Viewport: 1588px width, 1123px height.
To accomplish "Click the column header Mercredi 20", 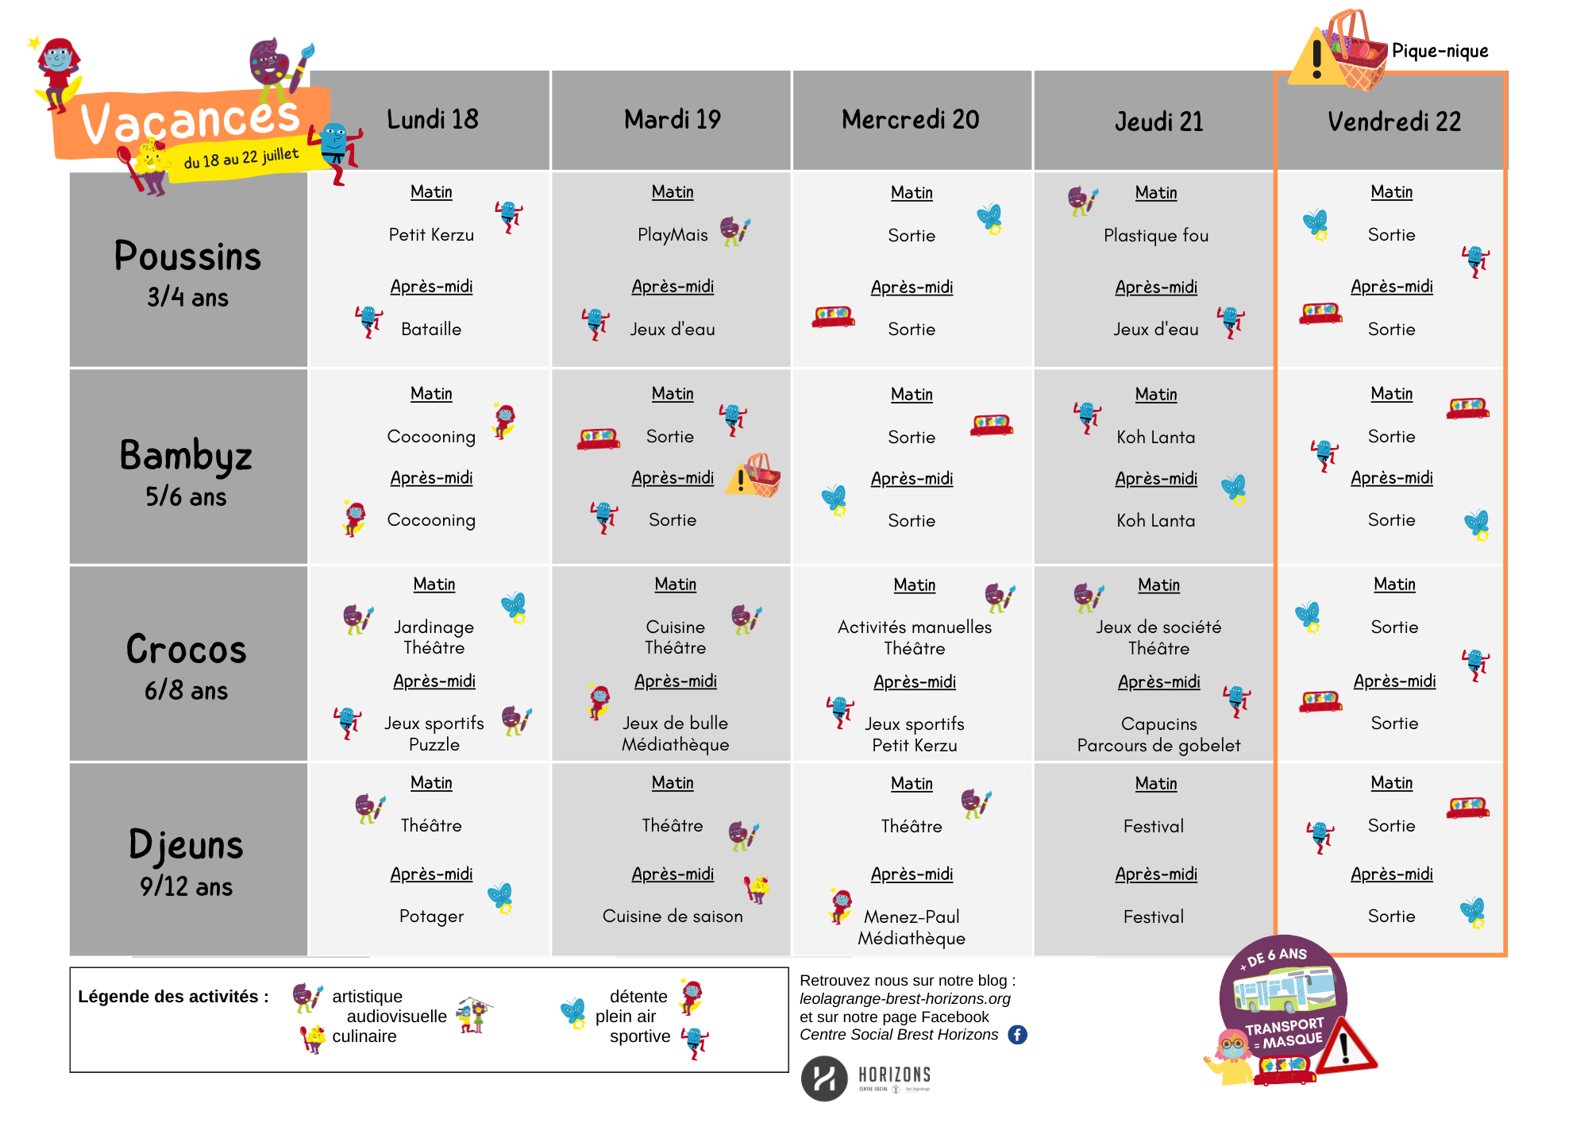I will coord(910,120).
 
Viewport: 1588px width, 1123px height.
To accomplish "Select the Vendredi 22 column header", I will coord(1393,122).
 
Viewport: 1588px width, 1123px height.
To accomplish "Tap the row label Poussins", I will coord(187,257).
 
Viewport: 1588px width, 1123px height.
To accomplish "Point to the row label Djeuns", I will coord(186,845).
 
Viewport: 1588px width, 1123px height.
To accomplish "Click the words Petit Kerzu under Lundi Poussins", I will coord(431,235).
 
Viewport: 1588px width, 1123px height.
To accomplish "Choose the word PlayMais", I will coord(673,235).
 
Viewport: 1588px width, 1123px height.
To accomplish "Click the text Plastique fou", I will coord(1156,236).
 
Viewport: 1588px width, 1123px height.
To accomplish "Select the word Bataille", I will coord(431,330).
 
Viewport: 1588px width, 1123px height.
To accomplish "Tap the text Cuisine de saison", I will coord(673,917).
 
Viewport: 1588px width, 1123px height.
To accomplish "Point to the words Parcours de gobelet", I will coord(1158,746).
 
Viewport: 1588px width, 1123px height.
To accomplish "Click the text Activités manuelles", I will coord(915,627).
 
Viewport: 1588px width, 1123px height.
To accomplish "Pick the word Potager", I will coord(431,917).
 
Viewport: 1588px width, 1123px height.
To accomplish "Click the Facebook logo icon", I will coord(1017,1035).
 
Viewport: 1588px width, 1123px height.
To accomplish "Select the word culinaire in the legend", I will coord(364,1036).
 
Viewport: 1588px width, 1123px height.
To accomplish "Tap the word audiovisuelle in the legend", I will coord(396,1017).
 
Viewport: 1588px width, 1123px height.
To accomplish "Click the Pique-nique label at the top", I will coord(1440,52).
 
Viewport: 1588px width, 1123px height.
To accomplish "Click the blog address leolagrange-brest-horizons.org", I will coord(904,999).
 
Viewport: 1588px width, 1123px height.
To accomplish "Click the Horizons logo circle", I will coord(824,1079).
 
